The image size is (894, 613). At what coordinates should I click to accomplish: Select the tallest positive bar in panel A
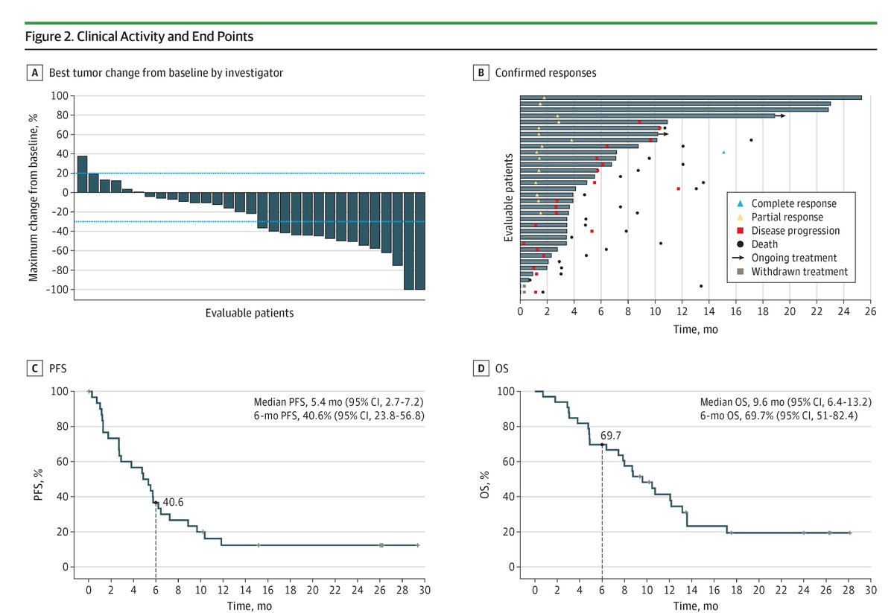[82, 174]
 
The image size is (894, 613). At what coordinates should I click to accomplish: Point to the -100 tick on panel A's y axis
[60, 289]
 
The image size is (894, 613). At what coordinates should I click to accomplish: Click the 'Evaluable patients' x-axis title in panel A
[250, 313]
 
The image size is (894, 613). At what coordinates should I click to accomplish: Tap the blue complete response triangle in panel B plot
[723, 152]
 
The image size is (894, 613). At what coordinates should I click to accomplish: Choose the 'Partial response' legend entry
[787, 217]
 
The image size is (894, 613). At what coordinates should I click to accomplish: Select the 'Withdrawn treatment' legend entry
[799, 272]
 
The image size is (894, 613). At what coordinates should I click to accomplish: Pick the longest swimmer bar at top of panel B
[690, 98]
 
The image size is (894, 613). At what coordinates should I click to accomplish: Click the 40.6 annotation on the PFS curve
[173, 502]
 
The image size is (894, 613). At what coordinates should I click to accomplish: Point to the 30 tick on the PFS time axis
[425, 590]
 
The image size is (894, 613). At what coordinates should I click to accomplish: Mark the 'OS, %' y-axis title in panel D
[485, 479]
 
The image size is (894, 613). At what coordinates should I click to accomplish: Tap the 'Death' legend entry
[764, 244]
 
